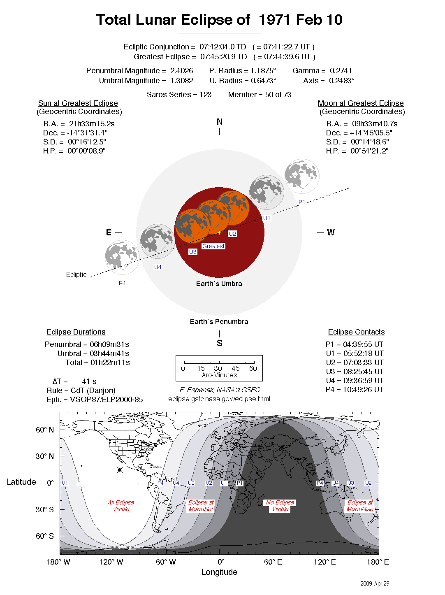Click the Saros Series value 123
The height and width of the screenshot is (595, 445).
point(205,95)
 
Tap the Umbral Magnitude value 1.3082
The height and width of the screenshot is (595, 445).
point(181,81)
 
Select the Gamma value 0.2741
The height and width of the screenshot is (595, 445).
point(341,71)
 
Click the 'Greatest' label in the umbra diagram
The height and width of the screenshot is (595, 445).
point(213,246)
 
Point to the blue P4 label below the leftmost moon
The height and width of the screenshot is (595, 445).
point(122,283)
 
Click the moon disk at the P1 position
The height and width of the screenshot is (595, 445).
point(302,176)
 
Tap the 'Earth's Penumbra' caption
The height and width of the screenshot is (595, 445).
point(219,322)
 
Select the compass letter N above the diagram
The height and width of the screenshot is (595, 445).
point(220,122)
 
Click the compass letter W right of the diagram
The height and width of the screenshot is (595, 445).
point(331,232)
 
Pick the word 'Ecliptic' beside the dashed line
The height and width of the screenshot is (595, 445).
point(76,274)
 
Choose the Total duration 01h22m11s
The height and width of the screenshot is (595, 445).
point(110,363)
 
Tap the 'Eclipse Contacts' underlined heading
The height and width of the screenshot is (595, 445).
point(356,332)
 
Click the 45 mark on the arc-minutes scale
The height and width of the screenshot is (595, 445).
point(236,368)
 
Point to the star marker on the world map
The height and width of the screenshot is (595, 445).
point(120,470)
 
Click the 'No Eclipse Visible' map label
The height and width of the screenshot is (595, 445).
point(280,506)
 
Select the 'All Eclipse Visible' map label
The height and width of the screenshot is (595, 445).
point(121,506)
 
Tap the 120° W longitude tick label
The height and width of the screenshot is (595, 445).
point(111,562)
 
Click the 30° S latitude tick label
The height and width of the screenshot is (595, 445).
point(44,509)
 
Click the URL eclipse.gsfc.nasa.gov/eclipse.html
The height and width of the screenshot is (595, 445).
point(219,399)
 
